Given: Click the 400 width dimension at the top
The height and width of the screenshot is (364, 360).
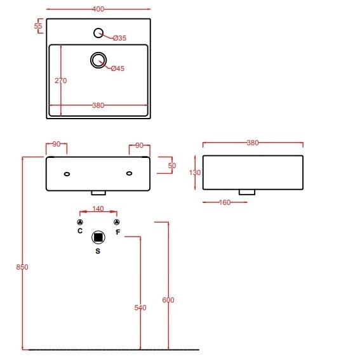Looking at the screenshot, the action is click(x=98, y=9).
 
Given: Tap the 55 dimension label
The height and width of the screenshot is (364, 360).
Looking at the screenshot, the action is click(x=38, y=26).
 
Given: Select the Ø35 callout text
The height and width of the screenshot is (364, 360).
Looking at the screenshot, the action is click(x=120, y=38).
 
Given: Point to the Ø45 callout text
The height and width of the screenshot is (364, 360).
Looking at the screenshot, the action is click(x=117, y=68).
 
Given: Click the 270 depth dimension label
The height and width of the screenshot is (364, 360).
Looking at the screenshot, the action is click(x=61, y=81).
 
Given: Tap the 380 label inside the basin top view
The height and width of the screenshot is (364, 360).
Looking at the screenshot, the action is click(x=98, y=105).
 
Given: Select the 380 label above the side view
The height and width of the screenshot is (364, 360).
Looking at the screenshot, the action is click(x=253, y=143).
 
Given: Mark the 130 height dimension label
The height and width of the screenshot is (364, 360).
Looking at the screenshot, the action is click(x=195, y=172).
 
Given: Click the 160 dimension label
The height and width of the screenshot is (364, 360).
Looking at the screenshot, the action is click(x=225, y=202).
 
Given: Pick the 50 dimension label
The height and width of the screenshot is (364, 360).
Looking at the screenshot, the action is click(x=172, y=166).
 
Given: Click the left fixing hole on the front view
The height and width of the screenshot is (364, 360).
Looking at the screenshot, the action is click(x=67, y=174).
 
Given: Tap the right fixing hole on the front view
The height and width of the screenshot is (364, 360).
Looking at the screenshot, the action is click(x=130, y=173).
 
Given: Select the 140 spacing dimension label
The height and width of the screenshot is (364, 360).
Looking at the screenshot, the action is click(x=98, y=209).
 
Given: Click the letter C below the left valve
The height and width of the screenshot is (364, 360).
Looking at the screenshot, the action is click(x=80, y=231).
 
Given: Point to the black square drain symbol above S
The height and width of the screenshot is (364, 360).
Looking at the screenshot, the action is click(x=98, y=237).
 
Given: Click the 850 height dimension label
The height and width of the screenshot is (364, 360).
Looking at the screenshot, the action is click(x=22, y=267).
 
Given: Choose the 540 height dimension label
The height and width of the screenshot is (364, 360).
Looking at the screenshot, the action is click(x=140, y=308).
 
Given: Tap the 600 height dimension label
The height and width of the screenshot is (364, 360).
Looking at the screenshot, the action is click(x=168, y=300).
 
